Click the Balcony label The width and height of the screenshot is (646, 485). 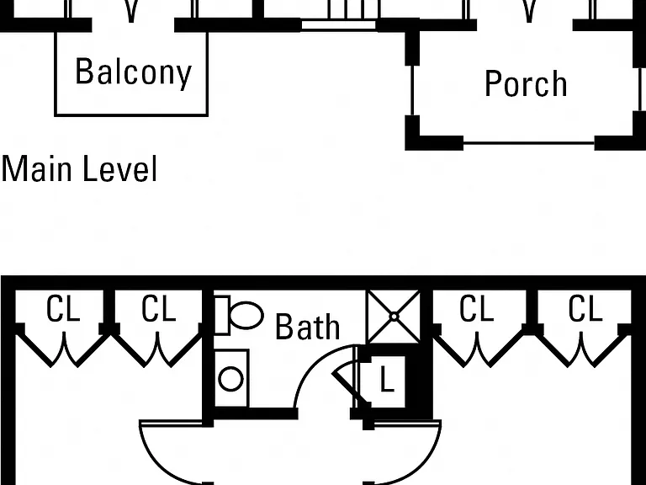pyautogui.click(x=134, y=73)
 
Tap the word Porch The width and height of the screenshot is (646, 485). pyautogui.click(x=526, y=83)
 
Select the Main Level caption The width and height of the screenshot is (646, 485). pyautogui.click(x=80, y=168)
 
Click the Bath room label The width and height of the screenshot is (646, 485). pyautogui.click(x=307, y=327)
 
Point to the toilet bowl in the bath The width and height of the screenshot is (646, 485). pyautogui.click(x=246, y=316)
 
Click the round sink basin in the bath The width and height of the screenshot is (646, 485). pyautogui.click(x=230, y=379)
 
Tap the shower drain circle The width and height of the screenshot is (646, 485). pyautogui.click(x=394, y=317)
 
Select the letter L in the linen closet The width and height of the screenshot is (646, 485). pyautogui.click(x=386, y=380)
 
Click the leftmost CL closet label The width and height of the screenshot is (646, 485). pyautogui.click(x=62, y=308)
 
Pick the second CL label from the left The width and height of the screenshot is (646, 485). pyautogui.click(x=159, y=308)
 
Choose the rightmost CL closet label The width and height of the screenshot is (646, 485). pyautogui.click(x=585, y=308)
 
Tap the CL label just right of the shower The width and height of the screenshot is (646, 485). pyautogui.click(x=476, y=308)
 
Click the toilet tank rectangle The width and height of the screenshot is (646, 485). pyautogui.click(x=222, y=316)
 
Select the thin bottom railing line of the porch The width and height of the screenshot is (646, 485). pyautogui.click(x=529, y=143)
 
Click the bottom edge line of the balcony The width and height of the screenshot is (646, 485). pyautogui.click(x=131, y=115)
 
